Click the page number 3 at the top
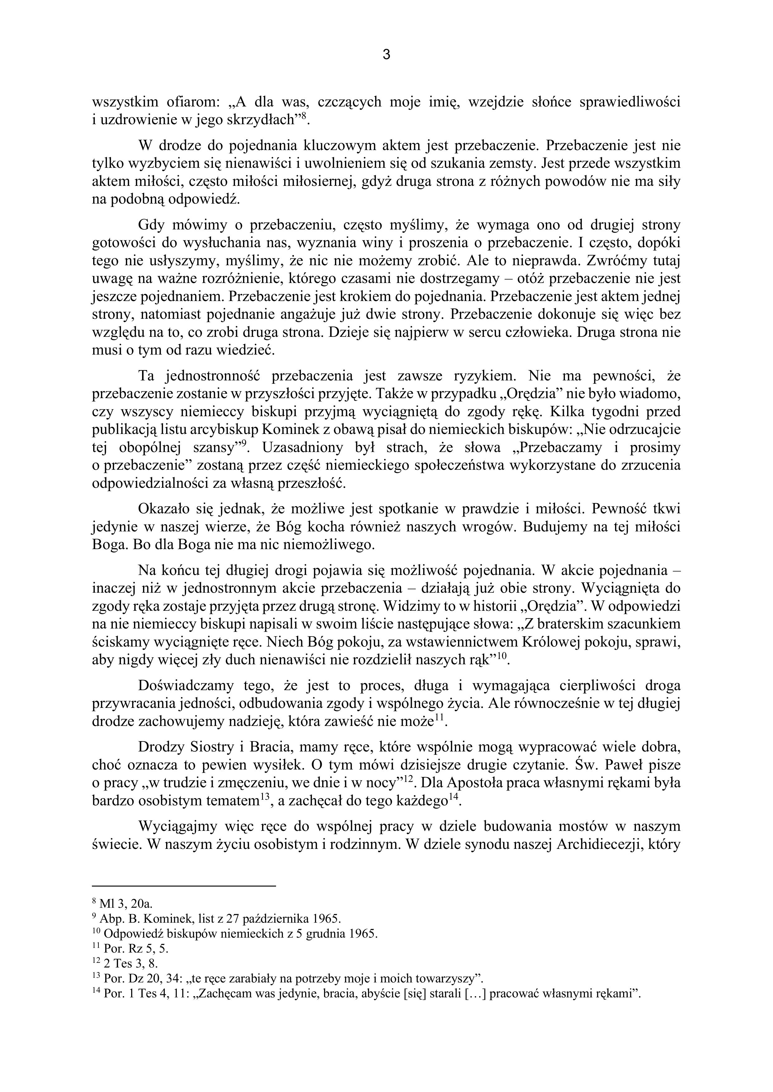pyautogui.click(x=386, y=55)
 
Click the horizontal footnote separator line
pyautogui.click(x=184, y=886)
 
